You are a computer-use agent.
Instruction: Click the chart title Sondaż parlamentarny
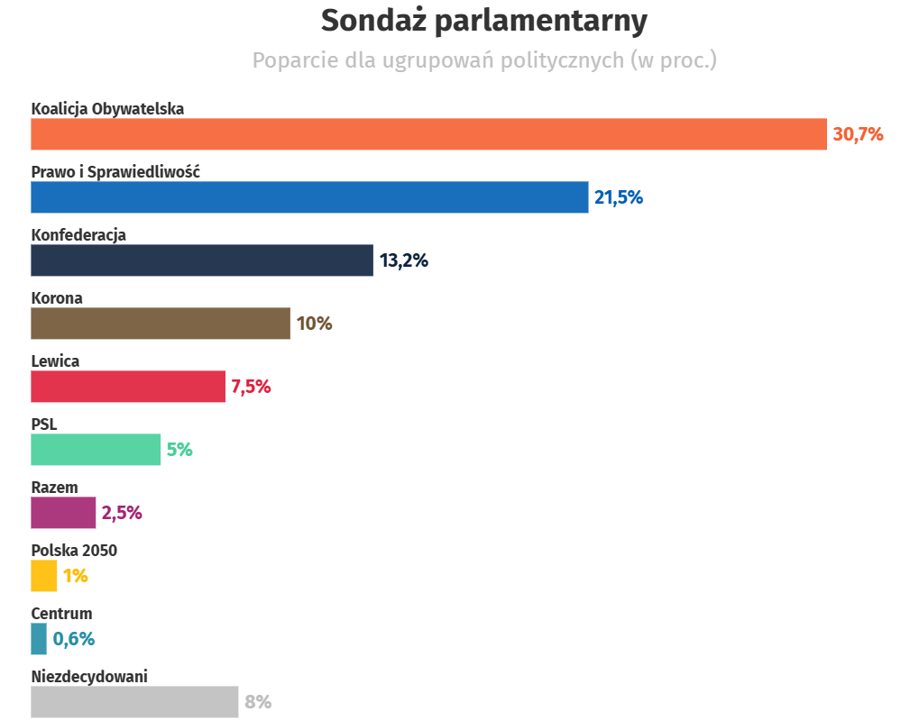coord(483,20)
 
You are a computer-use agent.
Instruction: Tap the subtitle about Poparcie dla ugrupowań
coord(483,60)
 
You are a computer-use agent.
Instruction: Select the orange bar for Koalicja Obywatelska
coord(428,134)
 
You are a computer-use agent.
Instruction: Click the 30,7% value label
coord(857,134)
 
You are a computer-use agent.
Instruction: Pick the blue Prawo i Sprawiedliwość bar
coord(309,197)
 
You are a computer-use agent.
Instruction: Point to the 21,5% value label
coord(618,197)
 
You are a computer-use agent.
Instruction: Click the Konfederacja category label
coord(78,235)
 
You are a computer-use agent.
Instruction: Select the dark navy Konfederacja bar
coord(202,260)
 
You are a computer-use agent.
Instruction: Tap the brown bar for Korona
coord(161,324)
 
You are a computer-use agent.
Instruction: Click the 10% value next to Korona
coord(314,324)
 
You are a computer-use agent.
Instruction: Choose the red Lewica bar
coord(128,387)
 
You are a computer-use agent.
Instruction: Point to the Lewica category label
coord(55,361)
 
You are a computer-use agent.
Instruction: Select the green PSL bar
coord(96,450)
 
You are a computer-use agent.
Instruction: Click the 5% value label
coord(179,450)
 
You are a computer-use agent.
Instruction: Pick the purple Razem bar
coord(63,513)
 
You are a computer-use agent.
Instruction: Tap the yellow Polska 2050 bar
coord(44,576)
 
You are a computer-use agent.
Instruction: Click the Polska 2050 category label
coord(74,551)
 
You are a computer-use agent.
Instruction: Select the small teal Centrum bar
coord(39,639)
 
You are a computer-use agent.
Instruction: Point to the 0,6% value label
coord(74,639)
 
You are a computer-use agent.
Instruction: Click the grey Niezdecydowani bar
coord(134,702)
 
